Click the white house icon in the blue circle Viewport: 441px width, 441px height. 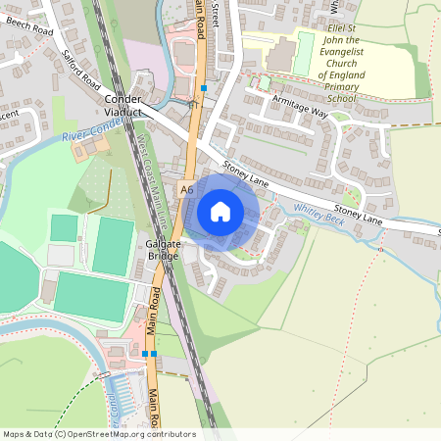(x=220, y=211)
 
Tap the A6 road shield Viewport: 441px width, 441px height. (x=187, y=187)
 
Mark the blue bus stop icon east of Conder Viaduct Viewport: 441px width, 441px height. (x=204, y=88)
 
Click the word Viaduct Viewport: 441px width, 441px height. (x=124, y=113)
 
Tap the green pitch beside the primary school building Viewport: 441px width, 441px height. (x=305, y=51)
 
